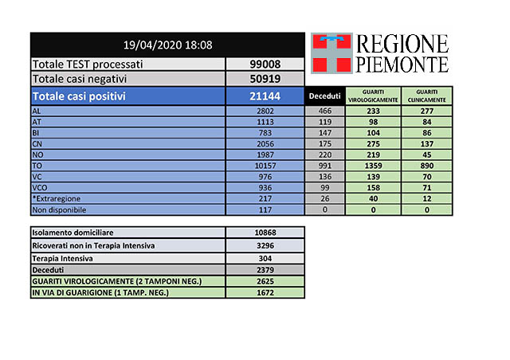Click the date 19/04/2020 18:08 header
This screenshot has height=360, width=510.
click(167, 45)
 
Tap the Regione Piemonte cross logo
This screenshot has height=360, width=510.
click(331, 52)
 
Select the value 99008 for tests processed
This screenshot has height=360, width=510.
click(265, 64)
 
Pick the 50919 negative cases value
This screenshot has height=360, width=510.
click(265, 79)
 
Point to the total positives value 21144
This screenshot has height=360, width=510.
click(265, 96)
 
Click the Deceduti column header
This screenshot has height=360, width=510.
click(324, 96)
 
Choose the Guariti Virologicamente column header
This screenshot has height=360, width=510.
click(371, 96)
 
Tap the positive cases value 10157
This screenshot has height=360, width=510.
click(265, 166)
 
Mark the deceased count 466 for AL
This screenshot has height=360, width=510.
click(324, 111)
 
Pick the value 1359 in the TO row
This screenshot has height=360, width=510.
click(371, 166)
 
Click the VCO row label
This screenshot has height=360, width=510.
click(41, 188)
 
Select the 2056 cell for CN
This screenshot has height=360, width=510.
click(265, 143)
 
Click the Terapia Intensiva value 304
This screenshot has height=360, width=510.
click(265, 259)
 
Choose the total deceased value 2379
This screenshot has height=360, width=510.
click(265, 271)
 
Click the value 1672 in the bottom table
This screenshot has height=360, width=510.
click(265, 292)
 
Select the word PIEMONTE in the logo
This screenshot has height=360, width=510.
click(403, 63)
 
